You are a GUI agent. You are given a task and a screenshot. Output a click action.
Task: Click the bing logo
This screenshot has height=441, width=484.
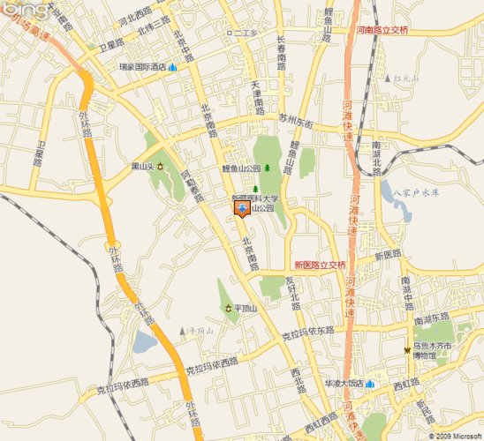[23, 10]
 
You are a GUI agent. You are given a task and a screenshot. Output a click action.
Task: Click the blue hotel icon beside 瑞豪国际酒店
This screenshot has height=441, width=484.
[173, 67]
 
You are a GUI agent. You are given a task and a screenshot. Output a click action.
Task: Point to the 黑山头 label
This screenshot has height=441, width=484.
[142, 165]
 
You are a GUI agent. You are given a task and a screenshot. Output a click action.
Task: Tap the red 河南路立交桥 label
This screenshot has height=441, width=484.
[381, 30]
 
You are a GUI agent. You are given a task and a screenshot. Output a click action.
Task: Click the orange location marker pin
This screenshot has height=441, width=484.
[242, 208]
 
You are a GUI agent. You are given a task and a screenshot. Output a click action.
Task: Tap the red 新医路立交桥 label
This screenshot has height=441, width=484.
[321, 264]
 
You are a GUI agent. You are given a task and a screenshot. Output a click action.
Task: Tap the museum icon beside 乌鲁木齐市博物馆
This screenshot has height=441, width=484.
[407, 351]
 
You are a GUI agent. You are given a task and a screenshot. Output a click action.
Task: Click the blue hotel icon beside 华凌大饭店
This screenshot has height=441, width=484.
[371, 385]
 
